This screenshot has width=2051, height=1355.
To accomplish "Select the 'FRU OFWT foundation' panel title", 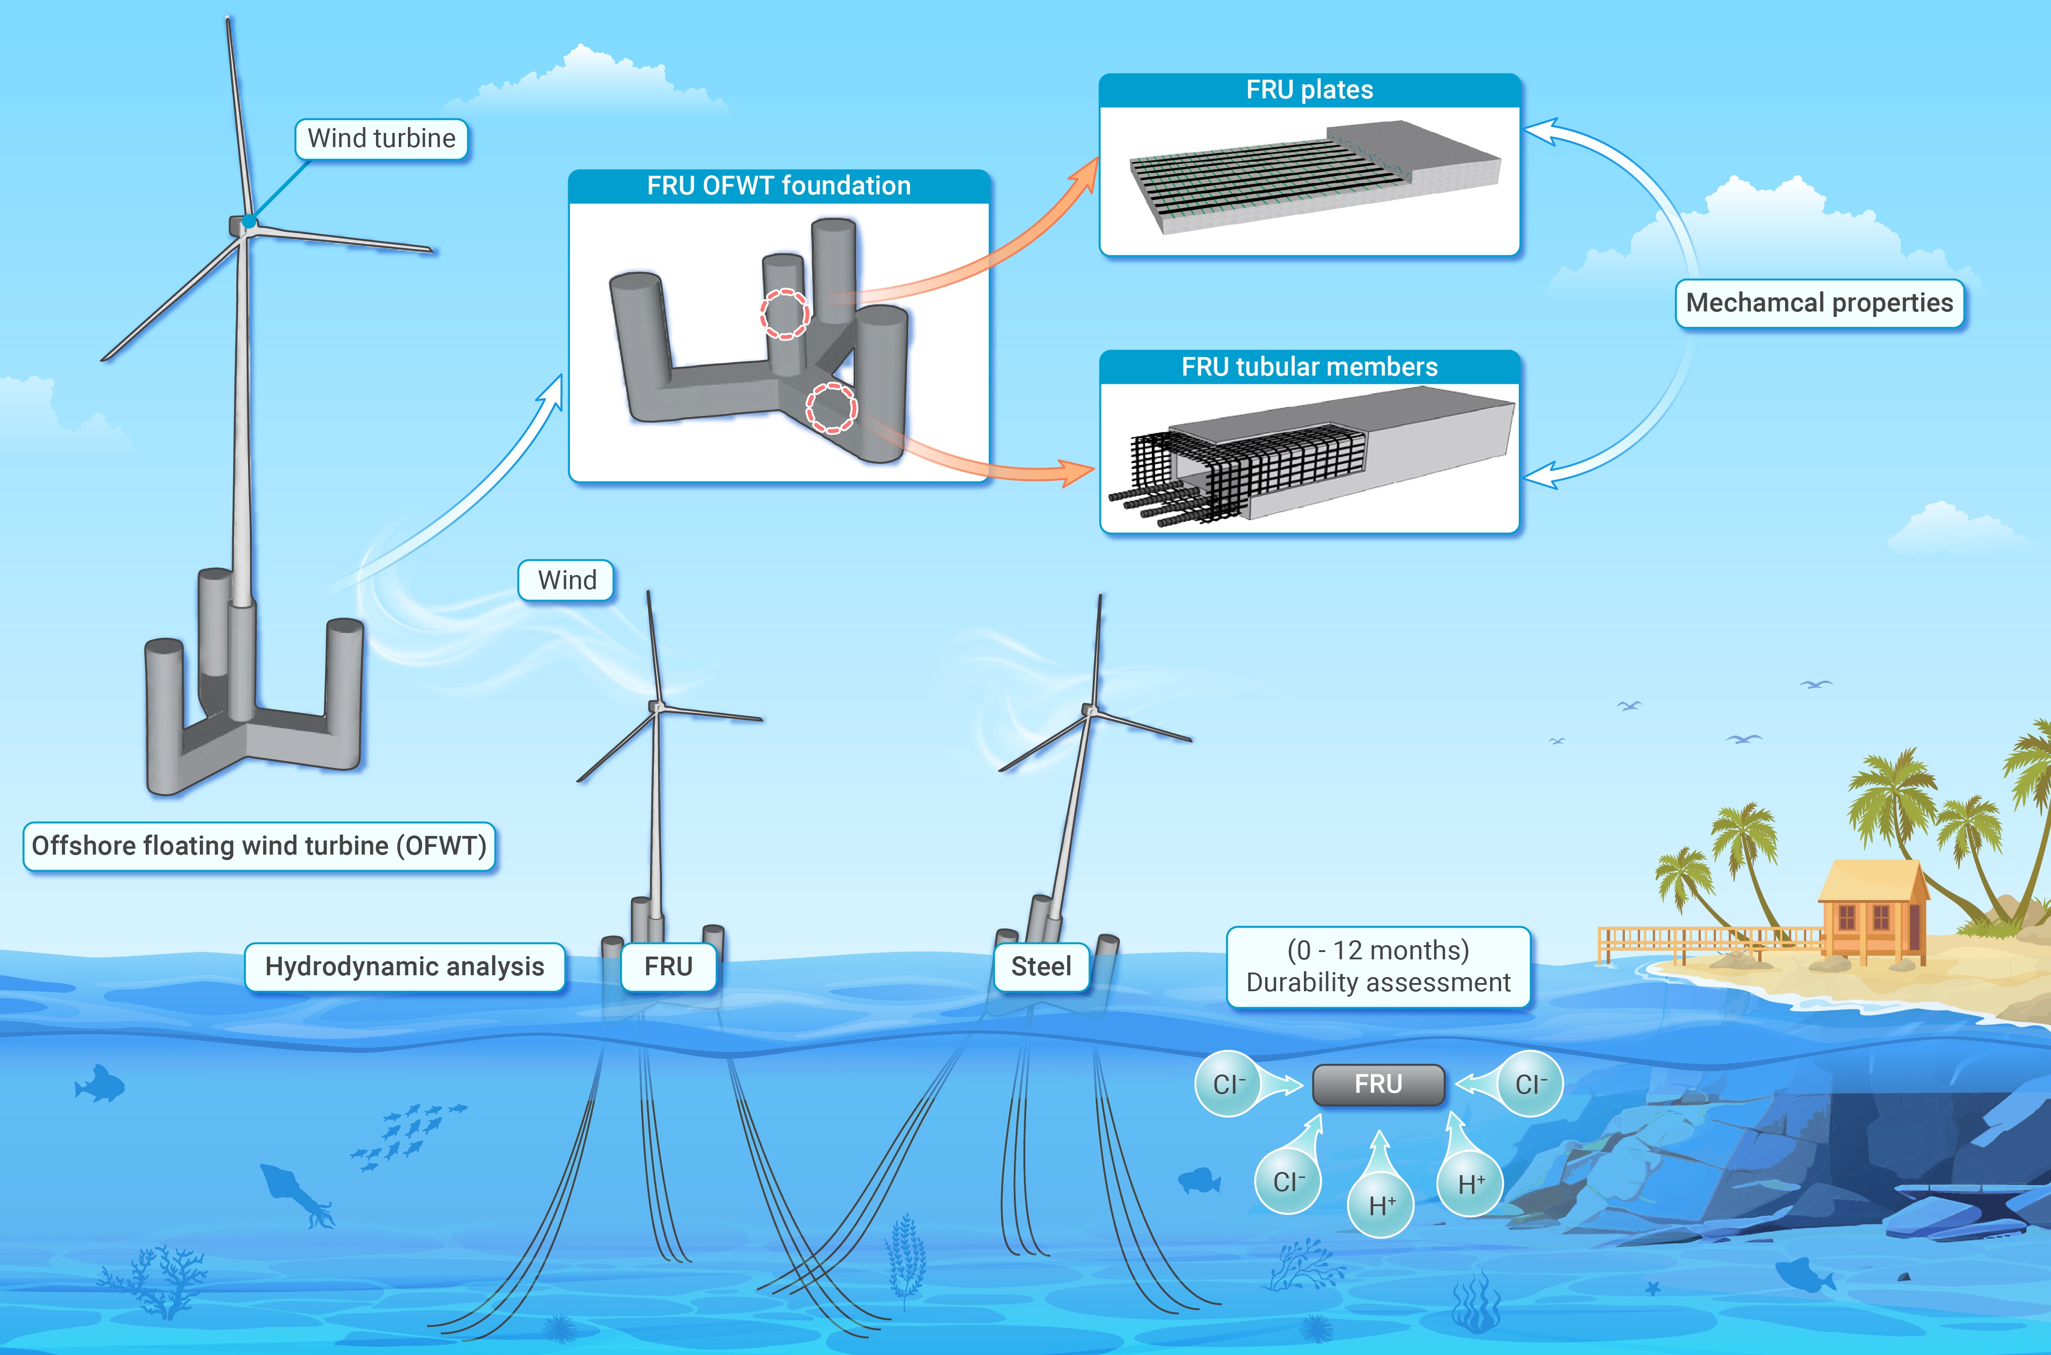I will pyautogui.click(x=779, y=186).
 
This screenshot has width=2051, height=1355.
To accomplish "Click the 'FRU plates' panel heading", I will pyautogui.click(x=1309, y=90).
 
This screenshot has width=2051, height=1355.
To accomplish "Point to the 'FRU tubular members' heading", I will pyautogui.click(x=1309, y=367).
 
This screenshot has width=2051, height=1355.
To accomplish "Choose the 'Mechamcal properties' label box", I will pyautogui.click(x=1819, y=303).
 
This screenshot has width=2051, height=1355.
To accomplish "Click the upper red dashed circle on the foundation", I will pyautogui.click(x=784, y=314).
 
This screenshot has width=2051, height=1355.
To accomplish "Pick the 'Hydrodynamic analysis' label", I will pyautogui.click(x=404, y=967).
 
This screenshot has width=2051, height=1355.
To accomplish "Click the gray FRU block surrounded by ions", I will pyautogui.click(x=1378, y=1085).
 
